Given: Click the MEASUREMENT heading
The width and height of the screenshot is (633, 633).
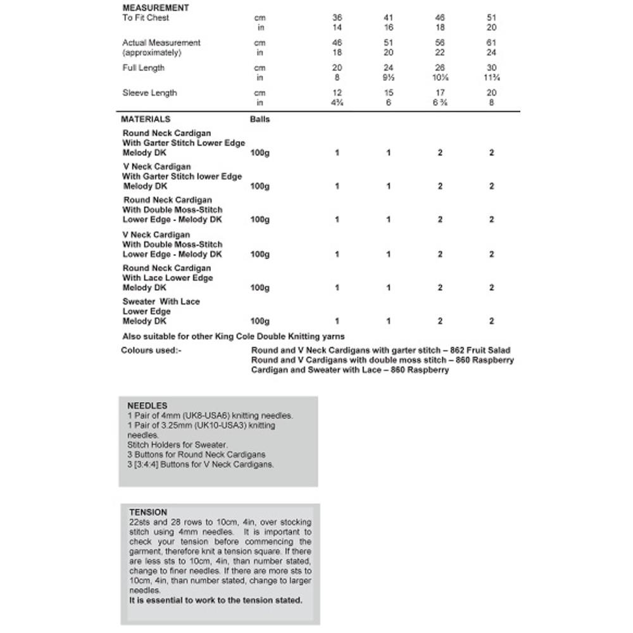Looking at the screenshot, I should [x=155, y=8].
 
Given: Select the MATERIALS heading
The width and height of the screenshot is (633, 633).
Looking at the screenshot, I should [x=146, y=119].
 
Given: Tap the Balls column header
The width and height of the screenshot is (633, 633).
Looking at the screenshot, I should [x=260, y=119].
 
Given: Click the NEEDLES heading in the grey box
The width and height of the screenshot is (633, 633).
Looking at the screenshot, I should [x=147, y=406].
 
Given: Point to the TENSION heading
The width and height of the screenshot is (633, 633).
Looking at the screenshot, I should [x=148, y=512].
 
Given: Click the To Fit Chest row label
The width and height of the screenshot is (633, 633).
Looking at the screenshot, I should [x=146, y=18].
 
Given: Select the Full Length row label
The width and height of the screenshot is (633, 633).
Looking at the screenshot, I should [x=143, y=68].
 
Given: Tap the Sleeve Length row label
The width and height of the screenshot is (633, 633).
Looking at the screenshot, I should [x=149, y=93].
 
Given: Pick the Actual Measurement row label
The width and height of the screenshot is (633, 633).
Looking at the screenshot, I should [x=161, y=43].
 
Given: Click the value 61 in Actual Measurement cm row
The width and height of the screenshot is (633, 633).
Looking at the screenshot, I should [x=491, y=43].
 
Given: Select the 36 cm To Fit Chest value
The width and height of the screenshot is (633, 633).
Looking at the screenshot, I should [x=337, y=18].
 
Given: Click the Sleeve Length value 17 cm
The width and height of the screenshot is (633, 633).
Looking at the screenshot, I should [x=440, y=93].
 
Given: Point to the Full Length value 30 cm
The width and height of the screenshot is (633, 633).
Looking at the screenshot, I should [x=491, y=68].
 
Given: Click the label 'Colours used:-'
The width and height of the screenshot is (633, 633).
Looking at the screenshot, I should [x=151, y=350].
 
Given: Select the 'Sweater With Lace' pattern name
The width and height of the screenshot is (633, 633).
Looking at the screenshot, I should [x=161, y=302].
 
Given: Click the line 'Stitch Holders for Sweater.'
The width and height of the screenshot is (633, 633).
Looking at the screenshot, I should [x=177, y=445].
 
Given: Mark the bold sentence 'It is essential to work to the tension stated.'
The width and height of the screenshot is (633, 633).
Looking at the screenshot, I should [x=216, y=600].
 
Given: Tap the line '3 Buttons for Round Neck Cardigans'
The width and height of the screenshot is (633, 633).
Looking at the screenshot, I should [x=196, y=454].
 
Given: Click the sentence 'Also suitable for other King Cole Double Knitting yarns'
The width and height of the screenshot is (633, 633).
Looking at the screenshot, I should [x=234, y=337].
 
